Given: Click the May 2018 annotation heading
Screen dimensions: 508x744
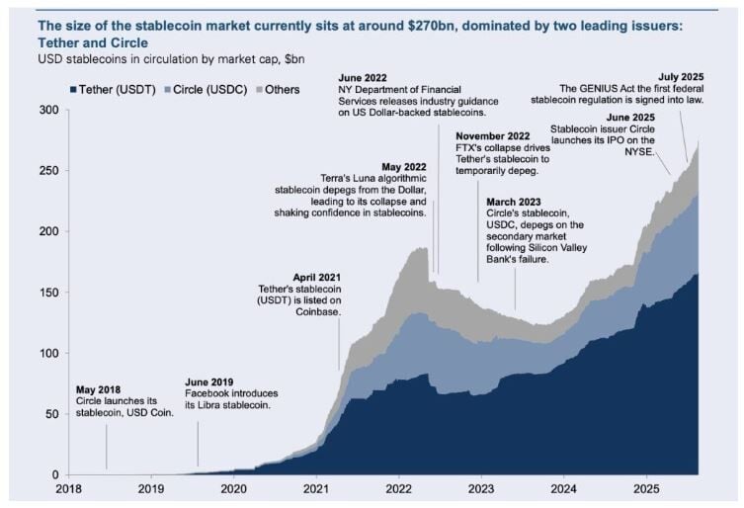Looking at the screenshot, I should [98, 388].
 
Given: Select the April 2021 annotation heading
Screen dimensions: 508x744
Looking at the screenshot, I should [318, 277].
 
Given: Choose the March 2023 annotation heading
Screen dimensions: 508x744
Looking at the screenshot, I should [514, 201].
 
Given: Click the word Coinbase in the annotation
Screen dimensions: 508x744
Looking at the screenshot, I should [317, 312].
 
